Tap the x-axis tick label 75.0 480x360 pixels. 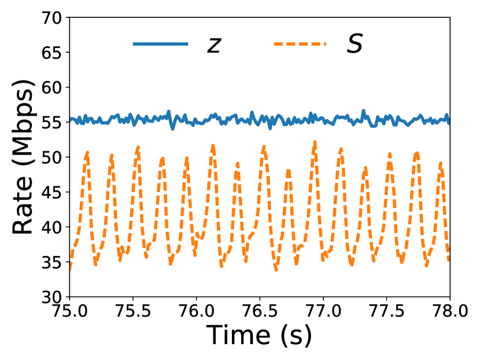click(x=69, y=312)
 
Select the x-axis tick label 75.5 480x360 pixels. click(x=133, y=312)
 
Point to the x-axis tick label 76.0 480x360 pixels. click(x=196, y=312)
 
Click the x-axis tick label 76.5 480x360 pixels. click(x=260, y=312)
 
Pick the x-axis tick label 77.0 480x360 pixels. click(x=323, y=312)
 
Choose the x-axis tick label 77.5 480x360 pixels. click(x=386, y=312)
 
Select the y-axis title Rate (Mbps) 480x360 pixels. click(x=23, y=157)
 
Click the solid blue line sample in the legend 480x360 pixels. click(x=160, y=44)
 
